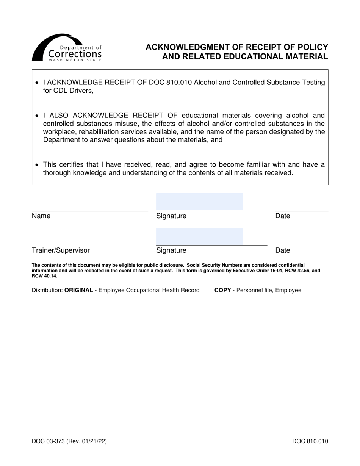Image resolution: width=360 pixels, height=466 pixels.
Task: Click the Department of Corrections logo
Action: (67, 48)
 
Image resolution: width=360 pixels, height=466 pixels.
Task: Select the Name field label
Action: (41, 216)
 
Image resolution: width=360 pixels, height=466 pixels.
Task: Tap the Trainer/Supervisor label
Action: (61, 250)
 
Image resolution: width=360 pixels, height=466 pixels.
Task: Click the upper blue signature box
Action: (199, 201)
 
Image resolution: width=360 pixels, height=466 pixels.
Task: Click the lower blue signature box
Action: (199, 236)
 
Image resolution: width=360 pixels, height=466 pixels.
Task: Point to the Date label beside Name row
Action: (282, 216)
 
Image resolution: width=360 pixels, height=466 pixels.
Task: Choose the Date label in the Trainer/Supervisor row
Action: (282, 250)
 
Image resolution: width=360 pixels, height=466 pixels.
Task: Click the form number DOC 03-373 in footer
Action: (53, 441)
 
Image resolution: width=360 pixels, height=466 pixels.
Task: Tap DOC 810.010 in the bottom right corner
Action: (310, 441)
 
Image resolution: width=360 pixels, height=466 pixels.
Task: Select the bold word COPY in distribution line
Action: (222, 290)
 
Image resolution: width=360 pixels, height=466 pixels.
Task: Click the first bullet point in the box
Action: (36, 83)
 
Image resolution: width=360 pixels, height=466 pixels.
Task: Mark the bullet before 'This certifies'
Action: (36, 165)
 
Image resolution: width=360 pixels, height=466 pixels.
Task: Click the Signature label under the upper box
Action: (171, 216)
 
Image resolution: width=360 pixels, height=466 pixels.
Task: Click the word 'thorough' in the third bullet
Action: (57, 173)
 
